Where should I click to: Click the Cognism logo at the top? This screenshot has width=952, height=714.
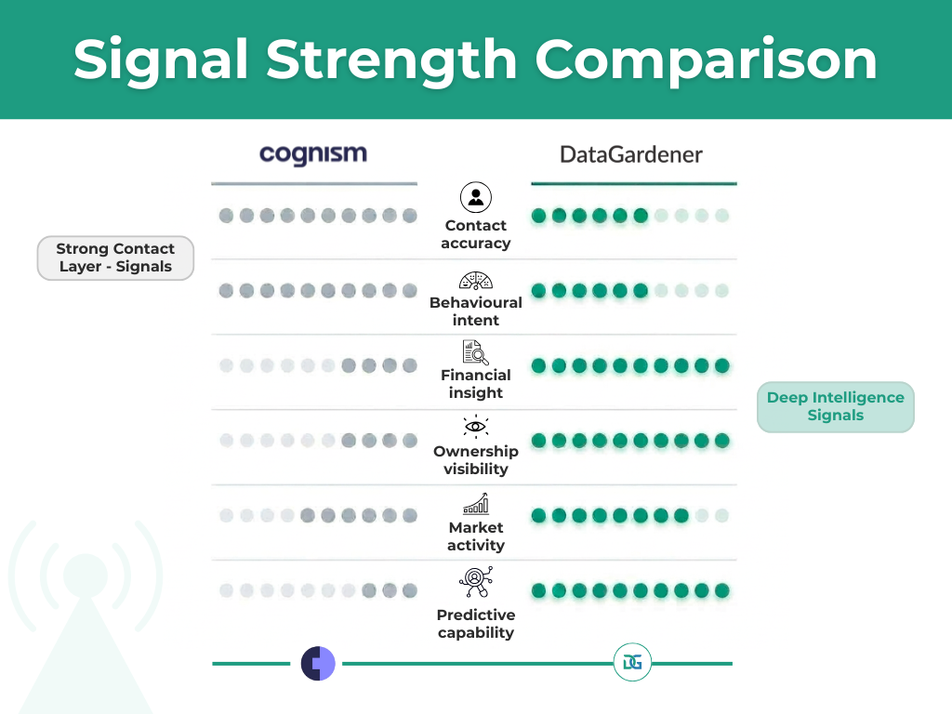(313, 153)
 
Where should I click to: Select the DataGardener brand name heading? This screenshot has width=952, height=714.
(631, 154)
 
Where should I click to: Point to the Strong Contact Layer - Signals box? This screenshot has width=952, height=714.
(115, 258)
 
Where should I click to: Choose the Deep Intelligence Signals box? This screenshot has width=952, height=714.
(835, 406)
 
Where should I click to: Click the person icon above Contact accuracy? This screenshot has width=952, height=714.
(476, 197)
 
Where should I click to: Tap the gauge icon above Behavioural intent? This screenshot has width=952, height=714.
(476, 281)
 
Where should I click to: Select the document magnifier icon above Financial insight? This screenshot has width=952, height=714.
(476, 352)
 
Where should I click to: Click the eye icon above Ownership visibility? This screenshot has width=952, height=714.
(476, 427)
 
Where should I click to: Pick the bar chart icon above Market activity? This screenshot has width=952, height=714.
(476, 505)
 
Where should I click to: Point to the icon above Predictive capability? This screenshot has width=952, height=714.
(476, 582)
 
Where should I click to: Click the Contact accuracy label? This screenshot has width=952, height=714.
(476, 234)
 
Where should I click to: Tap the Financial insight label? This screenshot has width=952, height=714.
(476, 384)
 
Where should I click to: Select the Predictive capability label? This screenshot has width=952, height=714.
(476, 624)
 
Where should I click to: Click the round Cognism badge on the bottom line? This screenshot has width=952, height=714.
(318, 664)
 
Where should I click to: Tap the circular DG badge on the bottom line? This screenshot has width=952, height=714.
(633, 664)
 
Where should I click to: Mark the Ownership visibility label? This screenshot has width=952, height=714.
(476, 460)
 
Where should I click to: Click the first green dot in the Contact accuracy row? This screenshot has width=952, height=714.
(538, 216)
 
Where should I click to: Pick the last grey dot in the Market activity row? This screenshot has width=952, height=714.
(410, 515)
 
